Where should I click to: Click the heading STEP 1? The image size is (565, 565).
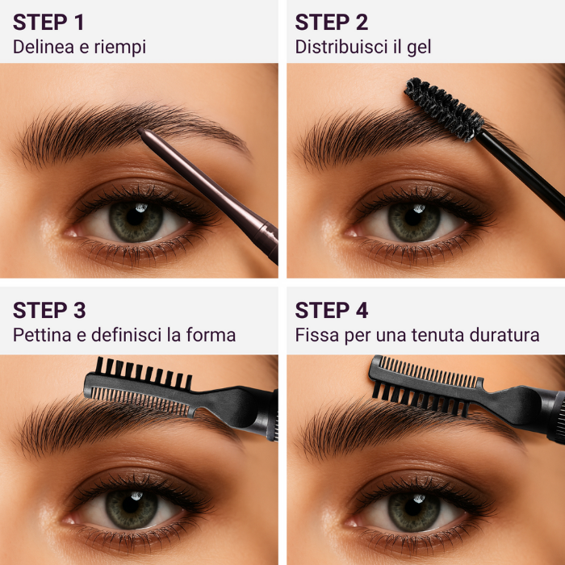(x=48, y=22)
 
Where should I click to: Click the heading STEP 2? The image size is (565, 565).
(x=333, y=22)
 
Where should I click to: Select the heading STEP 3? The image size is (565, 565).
(x=49, y=310)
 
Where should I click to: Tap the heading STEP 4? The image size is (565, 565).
(x=333, y=310)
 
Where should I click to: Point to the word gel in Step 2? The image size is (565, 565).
(x=418, y=47)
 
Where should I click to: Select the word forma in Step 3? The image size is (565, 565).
(x=211, y=334)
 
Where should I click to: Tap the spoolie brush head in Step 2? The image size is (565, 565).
(x=443, y=108)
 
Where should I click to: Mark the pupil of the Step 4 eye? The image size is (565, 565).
(x=415, y=507)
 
